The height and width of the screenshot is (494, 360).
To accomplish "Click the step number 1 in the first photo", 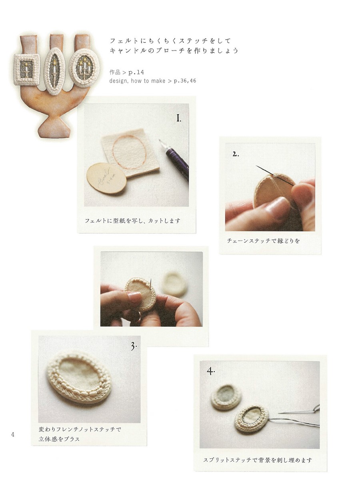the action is [x=178, y=119].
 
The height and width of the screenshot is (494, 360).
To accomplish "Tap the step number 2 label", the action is [x=236, y=154].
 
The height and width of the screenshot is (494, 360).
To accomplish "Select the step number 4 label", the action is [x=210, y=371].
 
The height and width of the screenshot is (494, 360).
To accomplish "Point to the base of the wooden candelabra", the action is [x=54, y=129].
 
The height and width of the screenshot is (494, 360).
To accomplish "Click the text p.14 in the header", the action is [x=136, y=72].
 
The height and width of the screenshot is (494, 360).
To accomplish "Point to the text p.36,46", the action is [x=185, y=81].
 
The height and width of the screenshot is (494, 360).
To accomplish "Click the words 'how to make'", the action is [x=148, y=81].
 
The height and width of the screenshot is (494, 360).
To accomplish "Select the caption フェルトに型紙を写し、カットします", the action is [x=133, y=221].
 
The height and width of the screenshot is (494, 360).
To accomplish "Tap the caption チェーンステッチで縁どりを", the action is [x=263, y=241].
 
